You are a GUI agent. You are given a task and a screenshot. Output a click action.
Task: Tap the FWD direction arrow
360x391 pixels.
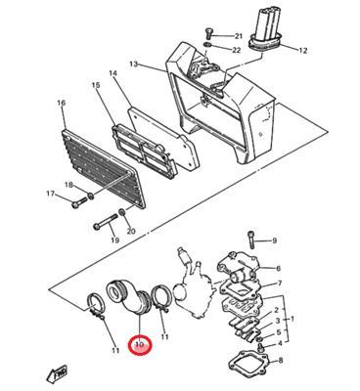[57, 372]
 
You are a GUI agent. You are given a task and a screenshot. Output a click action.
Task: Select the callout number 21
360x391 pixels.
[239, 36]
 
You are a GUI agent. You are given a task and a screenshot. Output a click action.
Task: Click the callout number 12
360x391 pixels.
[302, 51]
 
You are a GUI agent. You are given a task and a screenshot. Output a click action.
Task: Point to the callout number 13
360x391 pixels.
[134, 64]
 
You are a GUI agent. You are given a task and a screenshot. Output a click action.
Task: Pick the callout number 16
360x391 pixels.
[62, 103]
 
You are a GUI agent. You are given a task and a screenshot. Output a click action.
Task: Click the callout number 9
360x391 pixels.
[274, 240]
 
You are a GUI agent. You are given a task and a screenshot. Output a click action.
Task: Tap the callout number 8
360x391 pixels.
[282, 361]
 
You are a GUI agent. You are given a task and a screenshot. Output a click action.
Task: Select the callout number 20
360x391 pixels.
[131, 231]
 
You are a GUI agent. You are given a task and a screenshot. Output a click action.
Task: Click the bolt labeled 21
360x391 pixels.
[208, 33]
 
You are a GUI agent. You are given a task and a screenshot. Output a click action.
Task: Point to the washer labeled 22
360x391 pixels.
[207, 44]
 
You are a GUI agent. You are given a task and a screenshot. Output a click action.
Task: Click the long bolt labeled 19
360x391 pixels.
[106, 222]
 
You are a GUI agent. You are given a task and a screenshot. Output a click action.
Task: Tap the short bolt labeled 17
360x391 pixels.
[79, 202]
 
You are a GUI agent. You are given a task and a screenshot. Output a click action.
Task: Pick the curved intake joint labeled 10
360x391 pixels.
[128, 298]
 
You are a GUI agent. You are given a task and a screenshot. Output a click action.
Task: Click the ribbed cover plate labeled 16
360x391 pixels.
[104, 169]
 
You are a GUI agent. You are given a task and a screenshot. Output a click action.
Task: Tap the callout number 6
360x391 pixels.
[278, 269]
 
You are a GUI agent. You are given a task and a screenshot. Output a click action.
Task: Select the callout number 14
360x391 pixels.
[112, 74]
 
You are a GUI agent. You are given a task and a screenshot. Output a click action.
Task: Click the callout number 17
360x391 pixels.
[51, 194]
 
